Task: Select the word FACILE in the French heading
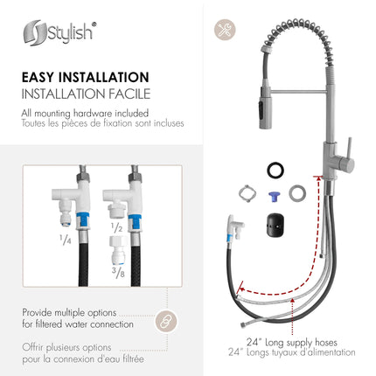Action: [x=127, y=93]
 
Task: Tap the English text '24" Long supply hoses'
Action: [x=301, y=341]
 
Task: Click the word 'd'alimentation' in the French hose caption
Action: [x=328, y=352]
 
